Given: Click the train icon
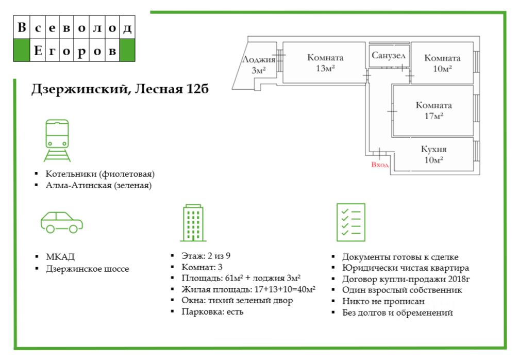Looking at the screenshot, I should (x=57, y=140).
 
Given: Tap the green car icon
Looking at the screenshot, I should (x=62, y=222).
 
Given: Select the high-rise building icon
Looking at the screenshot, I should (x=193, y=222).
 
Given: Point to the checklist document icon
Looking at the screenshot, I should (x=350, y=222).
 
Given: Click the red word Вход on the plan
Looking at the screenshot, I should (x=380, y=165).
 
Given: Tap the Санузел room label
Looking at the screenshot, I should (x=389, y=55).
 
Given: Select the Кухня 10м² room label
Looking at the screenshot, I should (x=433, y=155).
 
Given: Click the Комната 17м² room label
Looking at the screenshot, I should (x=434, y=110).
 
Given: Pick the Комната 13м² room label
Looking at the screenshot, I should (x=325, y=62).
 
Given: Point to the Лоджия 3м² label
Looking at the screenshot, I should (x=259, y=64).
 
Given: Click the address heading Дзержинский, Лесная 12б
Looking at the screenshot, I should (x=120, y=89).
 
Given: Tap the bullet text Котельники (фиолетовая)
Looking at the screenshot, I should (x=100, y=174).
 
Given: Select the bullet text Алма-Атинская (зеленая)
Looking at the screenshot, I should (x=98, y=186).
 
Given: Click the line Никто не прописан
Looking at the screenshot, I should (x=383, y=301).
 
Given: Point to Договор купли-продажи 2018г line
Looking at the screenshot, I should (x=407, y=279).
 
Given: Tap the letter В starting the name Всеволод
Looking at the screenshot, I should (x=22, y=28).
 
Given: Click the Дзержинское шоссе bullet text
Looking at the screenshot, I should (x=87, y=269).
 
